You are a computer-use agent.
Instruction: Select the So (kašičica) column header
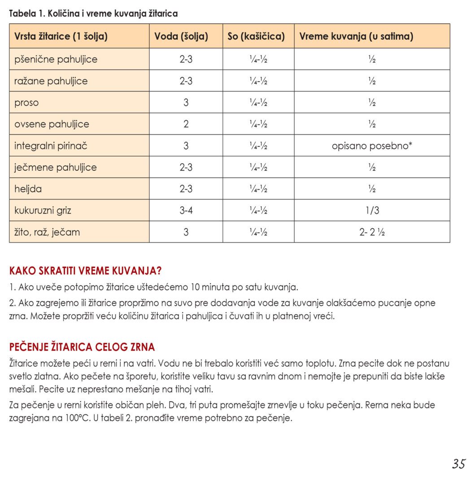[256, 36]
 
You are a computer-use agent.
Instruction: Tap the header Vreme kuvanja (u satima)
[356, 36]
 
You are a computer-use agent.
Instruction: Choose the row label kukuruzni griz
[43, 210]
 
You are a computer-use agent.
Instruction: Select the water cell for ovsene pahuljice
[186, 124]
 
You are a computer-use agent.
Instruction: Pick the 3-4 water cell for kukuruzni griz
[186, 210]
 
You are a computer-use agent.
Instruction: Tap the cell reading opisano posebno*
[372, 146]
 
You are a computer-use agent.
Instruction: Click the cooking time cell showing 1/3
[372, 210]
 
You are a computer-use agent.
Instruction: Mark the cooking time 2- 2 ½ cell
[372, 232]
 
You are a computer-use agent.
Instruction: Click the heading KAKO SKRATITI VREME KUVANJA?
[85, 271]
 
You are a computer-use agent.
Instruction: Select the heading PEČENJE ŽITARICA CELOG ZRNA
[82, 347]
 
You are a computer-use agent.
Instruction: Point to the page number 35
[458, 464]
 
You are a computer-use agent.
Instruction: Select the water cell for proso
[186, 103]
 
